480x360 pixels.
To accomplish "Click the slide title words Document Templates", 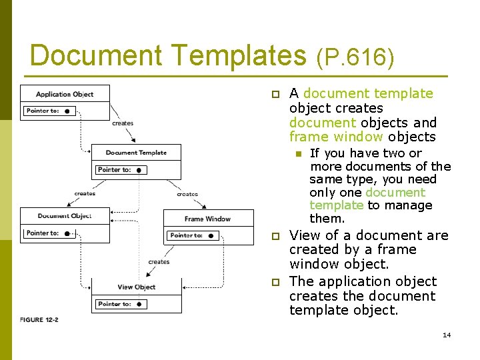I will [167, 55].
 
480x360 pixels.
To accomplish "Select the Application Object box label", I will [65, 95].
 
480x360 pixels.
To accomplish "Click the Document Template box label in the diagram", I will [136, 153].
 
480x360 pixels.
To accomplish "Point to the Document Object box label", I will [65, 216].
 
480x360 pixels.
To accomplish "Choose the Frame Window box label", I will [207, 219].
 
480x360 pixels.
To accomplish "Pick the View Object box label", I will [136, 287].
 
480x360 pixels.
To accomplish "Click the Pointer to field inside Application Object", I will [50, 111].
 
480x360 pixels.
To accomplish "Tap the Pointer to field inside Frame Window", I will [193, 235].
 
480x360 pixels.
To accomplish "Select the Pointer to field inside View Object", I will [121, 304].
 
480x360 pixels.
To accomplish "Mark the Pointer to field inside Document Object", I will [50, 233].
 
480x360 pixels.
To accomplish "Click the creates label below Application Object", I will [123, 123].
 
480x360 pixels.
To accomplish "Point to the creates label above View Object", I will [159, 262].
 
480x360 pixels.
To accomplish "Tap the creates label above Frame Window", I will [187, 194].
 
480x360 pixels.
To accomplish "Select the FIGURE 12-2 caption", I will [39, 320].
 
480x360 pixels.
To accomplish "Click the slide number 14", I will [447, 335].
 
